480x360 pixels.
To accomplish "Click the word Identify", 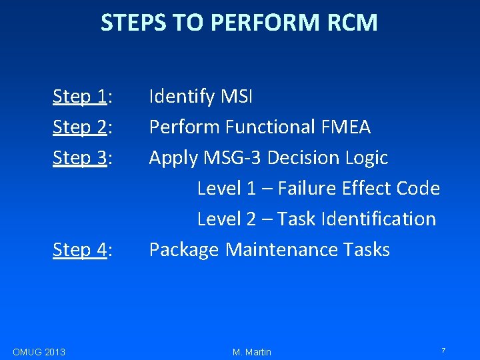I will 181,97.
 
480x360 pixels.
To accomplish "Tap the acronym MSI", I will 236,97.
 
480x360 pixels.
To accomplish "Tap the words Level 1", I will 226,188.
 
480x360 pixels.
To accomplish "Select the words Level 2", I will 226,219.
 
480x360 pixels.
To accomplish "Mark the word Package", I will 184,250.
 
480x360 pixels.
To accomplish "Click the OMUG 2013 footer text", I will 39,351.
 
